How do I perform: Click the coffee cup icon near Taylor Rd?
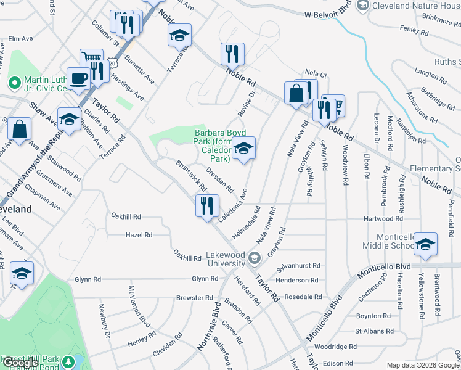[x=78, y=78]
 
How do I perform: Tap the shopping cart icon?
[x=91, y=60]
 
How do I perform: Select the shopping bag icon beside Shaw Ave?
[x=20, y=129]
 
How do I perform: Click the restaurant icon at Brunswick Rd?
[x=207, y=205]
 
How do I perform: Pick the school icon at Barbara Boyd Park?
[x=244, y=149]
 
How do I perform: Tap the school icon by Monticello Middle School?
[x=425, y=244]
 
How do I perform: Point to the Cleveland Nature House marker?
[x=363, y=6]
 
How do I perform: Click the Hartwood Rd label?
[x=386, y=218]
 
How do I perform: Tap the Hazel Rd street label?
[x=139, y=235]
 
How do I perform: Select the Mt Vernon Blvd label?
[x=140, y=314]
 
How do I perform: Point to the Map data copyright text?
[x=412, y=364]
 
